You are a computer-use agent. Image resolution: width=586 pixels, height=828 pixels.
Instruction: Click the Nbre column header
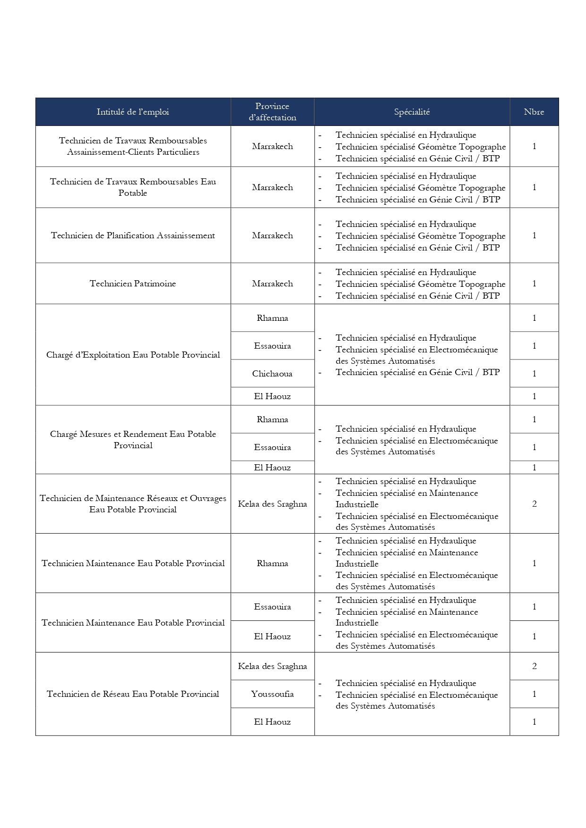click(x=534, y=112)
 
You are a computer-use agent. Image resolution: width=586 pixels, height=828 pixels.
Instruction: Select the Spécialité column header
click(x=412, y=112)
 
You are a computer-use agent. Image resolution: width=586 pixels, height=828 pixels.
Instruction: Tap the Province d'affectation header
click(x=272, y=112)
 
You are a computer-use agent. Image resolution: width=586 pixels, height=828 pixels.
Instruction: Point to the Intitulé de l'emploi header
click(x=133, y=112)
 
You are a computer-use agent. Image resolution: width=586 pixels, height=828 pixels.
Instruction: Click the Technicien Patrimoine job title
click(x=133, y=284)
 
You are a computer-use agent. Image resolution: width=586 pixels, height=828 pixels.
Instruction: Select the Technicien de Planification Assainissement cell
click(x=133, y=235)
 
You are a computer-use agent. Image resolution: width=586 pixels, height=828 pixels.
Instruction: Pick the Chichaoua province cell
click(x=272, y=374)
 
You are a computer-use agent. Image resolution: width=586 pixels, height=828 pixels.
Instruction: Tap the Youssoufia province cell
click(x=272, y=694)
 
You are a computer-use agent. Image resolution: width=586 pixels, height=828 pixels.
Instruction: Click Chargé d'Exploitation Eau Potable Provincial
click(x=133, y=355)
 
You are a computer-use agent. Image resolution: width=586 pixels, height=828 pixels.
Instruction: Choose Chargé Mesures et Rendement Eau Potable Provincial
click(x=133, y=440)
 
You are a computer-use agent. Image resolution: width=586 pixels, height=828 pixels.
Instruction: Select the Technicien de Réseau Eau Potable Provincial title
click(x=133, y=694)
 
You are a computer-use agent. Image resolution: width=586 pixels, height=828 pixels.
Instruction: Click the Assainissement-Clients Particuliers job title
click(x=133, y=146)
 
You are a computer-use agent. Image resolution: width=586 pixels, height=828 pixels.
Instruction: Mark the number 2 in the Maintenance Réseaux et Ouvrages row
click(x=534, y=504)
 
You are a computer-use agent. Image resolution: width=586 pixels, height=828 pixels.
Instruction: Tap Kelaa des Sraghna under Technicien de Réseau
click(x=272, y=666)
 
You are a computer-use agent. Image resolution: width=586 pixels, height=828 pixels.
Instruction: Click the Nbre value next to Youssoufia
click(x=534, y=694)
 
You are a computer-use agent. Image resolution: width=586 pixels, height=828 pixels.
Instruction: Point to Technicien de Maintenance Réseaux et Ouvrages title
click(x=133, y=504)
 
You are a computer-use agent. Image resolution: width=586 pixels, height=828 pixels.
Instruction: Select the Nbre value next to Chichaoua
click(x=534, y=374)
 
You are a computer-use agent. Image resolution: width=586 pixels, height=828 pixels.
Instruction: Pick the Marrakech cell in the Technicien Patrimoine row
click(x=272, y=284)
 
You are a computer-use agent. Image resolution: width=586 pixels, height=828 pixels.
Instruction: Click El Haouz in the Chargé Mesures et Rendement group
click(x=272, y=468)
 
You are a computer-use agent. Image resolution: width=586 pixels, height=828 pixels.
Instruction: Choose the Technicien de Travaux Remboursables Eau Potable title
click(x=133, y=187)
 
